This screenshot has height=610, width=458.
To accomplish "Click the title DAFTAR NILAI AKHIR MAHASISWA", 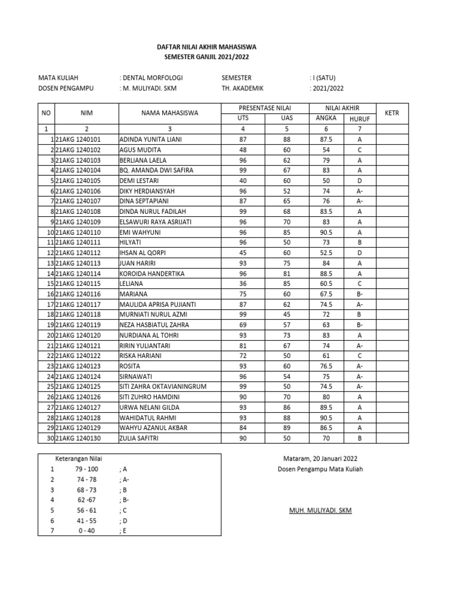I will pyautogui.click(x=207, y=46).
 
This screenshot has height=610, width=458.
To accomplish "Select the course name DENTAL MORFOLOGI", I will pyautogui.click(x=153, y=77).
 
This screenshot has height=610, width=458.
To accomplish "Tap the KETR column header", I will pyautogui.click(x=392, y=113).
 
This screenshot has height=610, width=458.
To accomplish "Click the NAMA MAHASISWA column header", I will pyautogui.click(x=169, y=113).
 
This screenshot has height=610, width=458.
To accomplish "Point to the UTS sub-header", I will pyautogui.click(x=242, y=118).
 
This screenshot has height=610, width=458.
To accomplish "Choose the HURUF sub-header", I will pyautogui.click(x=360, y=119).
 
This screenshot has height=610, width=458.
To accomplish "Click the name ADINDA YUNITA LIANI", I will pyautogui.click(x=150, y=139).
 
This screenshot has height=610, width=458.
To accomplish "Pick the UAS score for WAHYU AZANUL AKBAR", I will pyautogui.click(x=286, y=428).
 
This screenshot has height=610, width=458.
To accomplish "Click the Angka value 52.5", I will pyautogui.click(x=326, y=253).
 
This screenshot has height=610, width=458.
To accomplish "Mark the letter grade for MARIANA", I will pyautogui.click(x=360, y=294).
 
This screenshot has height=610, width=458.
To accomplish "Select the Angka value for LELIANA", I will pyautogui.click(x=326, y=284).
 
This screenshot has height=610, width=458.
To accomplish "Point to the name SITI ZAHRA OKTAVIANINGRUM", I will pyautogui.click(x=163, y=387).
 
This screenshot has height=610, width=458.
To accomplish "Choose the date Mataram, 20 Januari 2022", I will pyautogui.click(x=320, y=459).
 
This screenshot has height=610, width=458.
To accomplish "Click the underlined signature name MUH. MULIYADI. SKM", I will pyautogui.click(x=320, y=511).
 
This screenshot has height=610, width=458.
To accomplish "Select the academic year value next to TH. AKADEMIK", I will pyautogui.click(x=327, y=88).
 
